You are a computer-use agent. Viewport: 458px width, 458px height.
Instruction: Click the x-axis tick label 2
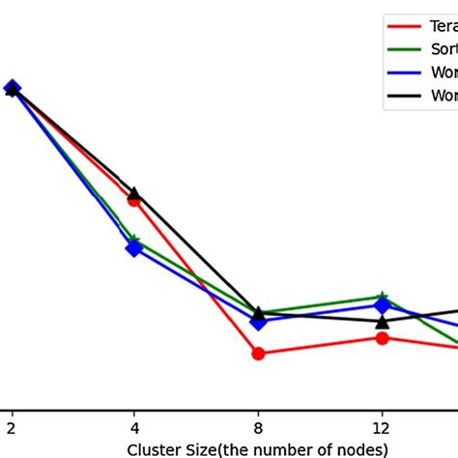(x=12, y=427)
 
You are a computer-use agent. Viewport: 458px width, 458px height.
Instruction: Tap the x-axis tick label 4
(x=134, y=427)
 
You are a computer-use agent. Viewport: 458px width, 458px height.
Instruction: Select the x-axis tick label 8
(x=258, y=427)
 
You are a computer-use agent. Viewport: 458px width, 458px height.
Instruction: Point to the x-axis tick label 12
(x=382, y=427)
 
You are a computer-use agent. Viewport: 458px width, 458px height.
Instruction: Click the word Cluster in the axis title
(x=151, y=449)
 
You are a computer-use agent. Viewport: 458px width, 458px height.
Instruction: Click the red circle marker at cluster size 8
(x=258, y=354)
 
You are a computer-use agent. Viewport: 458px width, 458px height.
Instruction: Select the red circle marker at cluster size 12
(x=382, y=337)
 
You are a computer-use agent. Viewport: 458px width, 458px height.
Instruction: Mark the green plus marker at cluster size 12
(x=382, y=297)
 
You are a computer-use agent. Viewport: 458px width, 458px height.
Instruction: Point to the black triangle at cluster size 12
(x=382, y=321)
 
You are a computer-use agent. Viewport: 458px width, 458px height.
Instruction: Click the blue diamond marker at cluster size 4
(x=134, y=248)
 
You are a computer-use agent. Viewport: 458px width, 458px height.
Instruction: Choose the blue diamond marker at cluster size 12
(x=382, y=305)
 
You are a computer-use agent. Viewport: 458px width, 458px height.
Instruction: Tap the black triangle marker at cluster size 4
(x=134, y=193)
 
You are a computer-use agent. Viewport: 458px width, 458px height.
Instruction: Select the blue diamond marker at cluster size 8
(x=258, y=321)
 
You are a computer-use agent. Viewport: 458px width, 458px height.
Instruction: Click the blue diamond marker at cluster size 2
(x=12, y=89)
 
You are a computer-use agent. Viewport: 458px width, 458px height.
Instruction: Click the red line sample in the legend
(x=404, y=26)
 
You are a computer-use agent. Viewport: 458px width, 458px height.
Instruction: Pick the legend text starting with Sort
(x=443, y=48)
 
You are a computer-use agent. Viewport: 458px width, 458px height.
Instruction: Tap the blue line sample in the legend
(x=404, y=72)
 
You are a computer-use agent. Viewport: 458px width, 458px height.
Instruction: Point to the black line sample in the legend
(x=404, y=95)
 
